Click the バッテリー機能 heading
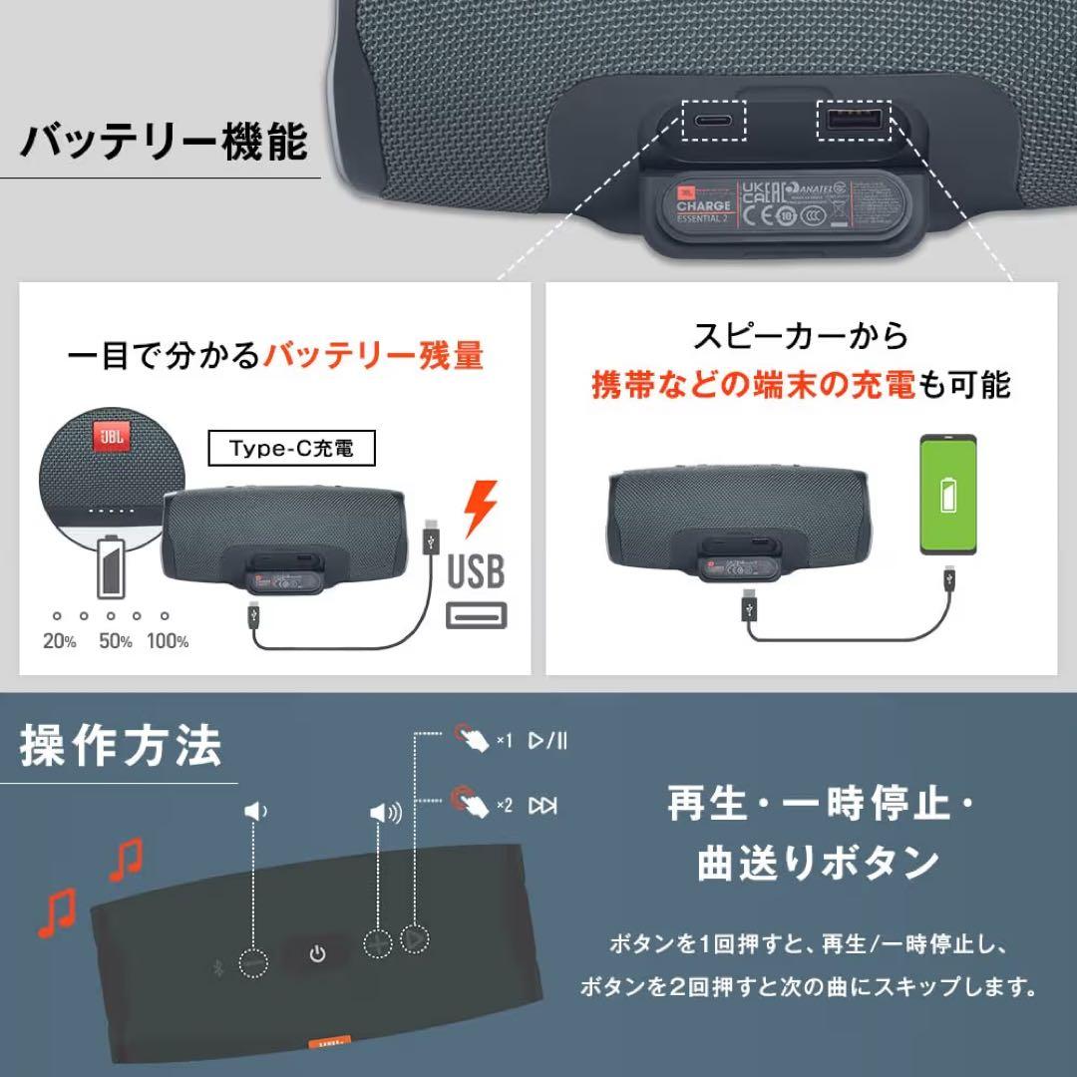165,141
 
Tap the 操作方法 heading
121,747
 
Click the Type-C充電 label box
280,449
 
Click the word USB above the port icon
476,571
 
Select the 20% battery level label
60,641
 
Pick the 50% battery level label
116,641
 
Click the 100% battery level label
168,641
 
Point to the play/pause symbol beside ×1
547,740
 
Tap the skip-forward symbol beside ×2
542,805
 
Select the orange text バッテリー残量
372,354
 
